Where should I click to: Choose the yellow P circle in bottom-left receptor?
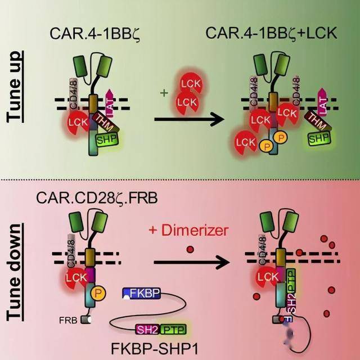(x=98, y=292)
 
